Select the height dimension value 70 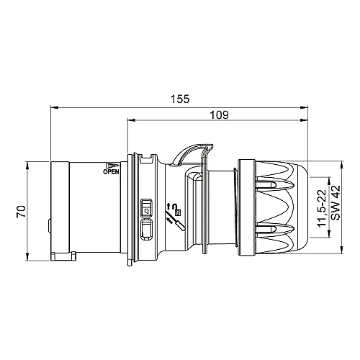pos(22,212)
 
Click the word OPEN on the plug pos(111,172)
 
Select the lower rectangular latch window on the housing pos(147,230)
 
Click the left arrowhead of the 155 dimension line pos(53,108)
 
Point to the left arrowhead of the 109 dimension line pos(130,121)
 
